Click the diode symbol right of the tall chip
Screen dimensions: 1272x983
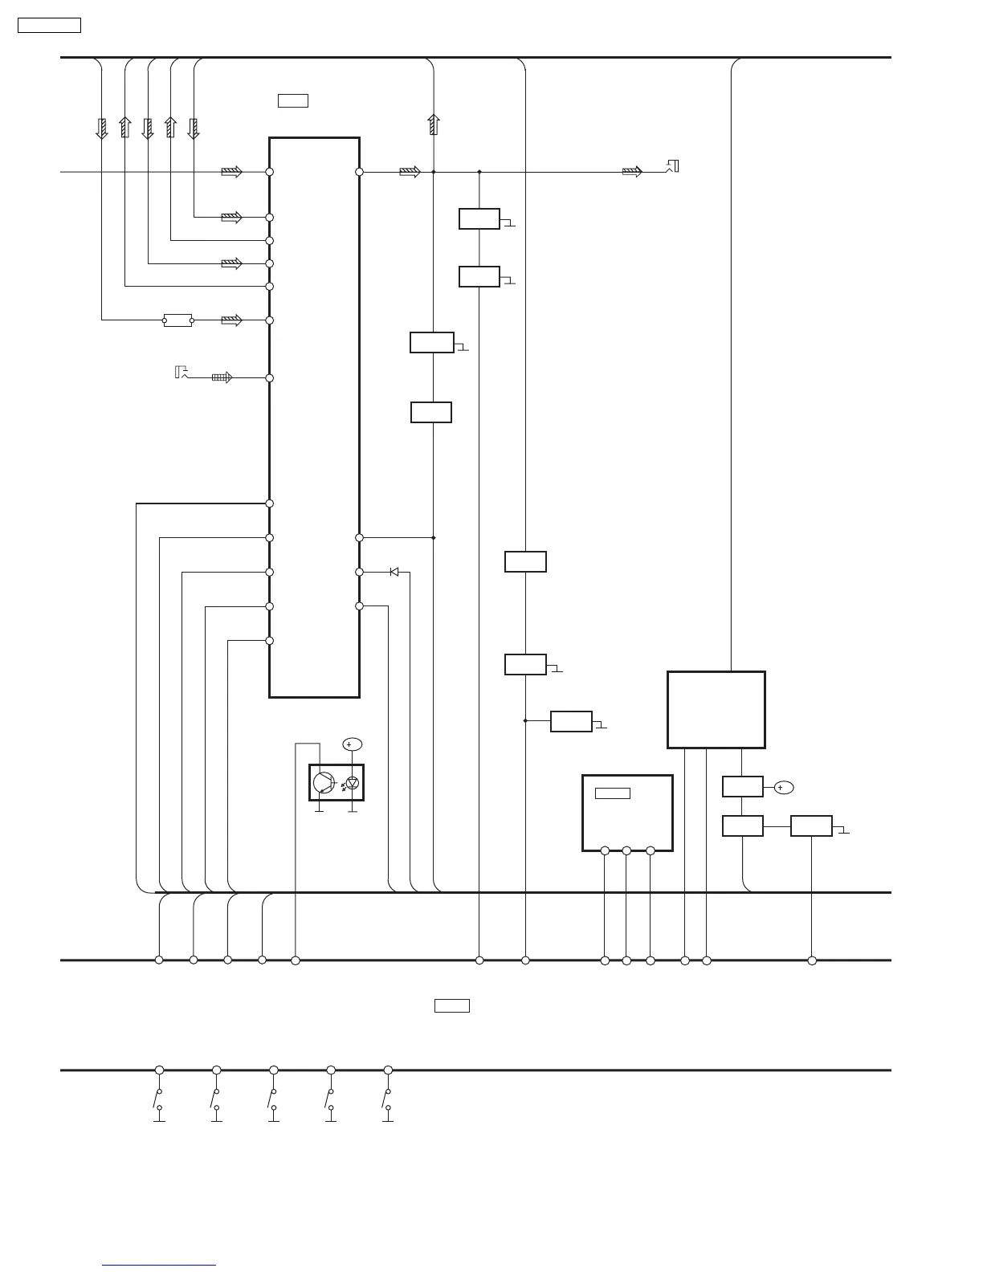pyautogui.click(x=394, y=572)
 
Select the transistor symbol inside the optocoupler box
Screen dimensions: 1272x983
pyautogui.click(x=324, y=782)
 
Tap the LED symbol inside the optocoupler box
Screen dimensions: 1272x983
pyautogui.click(x=352, y=783)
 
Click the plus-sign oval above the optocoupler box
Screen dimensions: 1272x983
pyautogui.click(x=352, y=744)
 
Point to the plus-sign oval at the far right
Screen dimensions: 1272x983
pyautogui.click(x=783, y=788)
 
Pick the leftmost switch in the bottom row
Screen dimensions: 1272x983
pyautogui.click(x=159, y=1099)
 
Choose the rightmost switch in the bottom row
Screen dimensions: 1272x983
pyautogui.click(x=388, y=1099)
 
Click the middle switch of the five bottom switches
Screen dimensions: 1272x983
pyautogui.click(x=274, y=1099)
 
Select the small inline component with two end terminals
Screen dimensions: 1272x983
pyautogui.click(x=177, y=320)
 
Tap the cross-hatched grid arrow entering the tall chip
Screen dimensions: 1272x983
pyautogui.click(x=222, y=377)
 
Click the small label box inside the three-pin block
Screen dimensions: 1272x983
pyautogui.click(x=612, y=793)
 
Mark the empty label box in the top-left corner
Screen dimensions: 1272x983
pyautogui.click(x=49, y=25)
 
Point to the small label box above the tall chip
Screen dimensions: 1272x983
pyautogui.click(x=293, y=100)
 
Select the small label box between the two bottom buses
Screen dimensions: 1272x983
pyautogui.click(x=451, y=1005)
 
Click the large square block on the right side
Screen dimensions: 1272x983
pyautogui.click(x=716, y=710)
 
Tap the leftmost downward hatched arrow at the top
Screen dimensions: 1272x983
pyautogui.click(x=102, y=128)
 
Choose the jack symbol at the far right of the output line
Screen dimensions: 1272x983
pyautogui.click(x=673, y=166)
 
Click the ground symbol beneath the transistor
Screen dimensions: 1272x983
pyautogui.click(x=320, y=811)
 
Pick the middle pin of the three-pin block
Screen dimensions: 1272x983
pyautogui.click(x=626, y=850)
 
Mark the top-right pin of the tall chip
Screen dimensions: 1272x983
pyautogui.click(x=360, y=172)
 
